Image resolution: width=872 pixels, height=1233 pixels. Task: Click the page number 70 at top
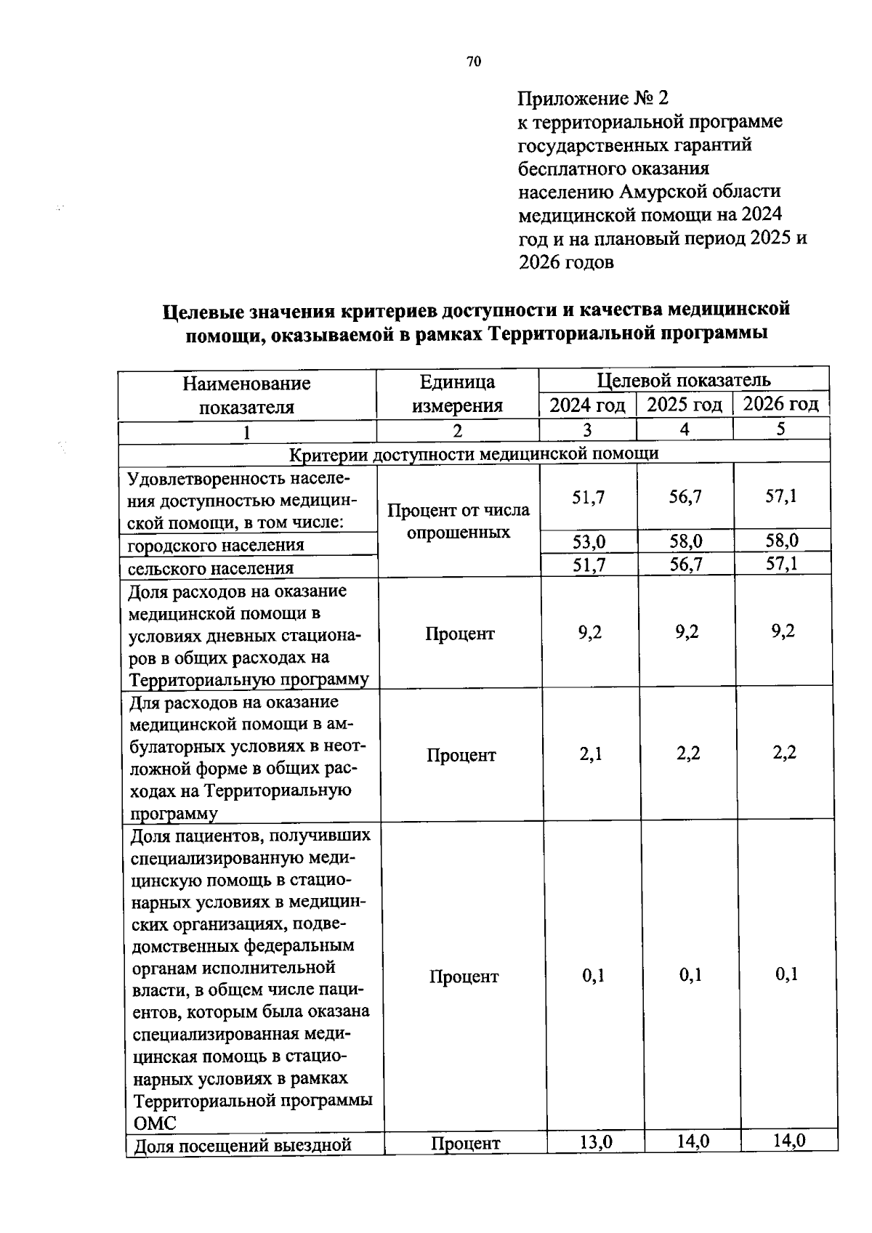coord(473,62)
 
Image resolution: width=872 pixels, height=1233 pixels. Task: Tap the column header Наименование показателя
coord(246,395)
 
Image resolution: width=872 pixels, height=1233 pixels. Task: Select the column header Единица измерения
coord(457,395)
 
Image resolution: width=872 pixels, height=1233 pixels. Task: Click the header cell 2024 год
coord(587,405)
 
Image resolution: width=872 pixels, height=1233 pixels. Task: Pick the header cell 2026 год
coord(780,404)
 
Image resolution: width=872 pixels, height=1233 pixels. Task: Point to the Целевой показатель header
coord(683,380)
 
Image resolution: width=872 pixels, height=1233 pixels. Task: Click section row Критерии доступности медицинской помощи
coord(474,454)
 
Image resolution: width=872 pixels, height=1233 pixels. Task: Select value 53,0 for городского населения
coord(589,541)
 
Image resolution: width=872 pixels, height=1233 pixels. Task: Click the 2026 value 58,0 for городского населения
coord(781,541)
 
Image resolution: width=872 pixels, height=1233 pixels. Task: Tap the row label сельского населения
coord(211,568)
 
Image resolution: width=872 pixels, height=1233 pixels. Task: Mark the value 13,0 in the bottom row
coord(595,1141)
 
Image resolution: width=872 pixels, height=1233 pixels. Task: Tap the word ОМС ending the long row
coord(156,1123)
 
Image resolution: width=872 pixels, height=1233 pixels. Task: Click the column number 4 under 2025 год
coord(684,429)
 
